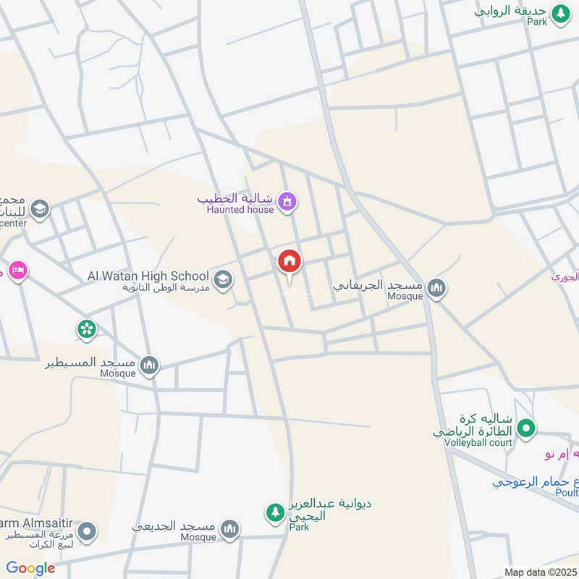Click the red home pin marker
(x=289, y=263)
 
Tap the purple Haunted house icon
(x=288, y=202)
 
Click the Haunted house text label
(x=240, y=210)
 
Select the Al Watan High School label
(x=148, y=276)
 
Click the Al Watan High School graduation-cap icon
(x=223, y=278)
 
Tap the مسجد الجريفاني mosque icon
(x=436, y=289)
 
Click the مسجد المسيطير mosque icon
(x=149, y=365)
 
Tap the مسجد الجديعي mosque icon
(x=229, y=530)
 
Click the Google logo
(x=30, y=568)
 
